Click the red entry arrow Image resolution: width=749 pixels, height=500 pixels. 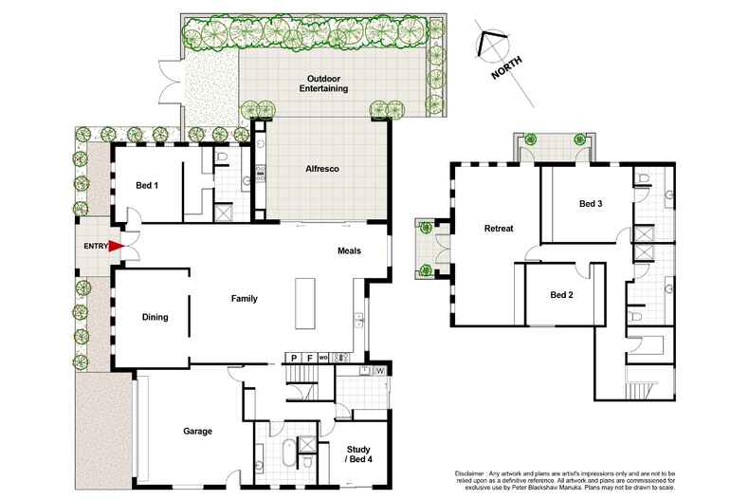click(116, 246)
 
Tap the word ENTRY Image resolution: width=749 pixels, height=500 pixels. click(96, 246)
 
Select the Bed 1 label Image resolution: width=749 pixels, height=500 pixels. click(147, 185)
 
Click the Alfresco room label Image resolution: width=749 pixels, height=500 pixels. click(322, 169)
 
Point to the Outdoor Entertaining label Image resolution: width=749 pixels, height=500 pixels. click(323, 83)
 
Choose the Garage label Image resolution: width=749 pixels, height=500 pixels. click(198, 431)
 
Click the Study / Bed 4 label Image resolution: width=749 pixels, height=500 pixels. click(358, 454)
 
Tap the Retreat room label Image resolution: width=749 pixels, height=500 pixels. click(499, 229)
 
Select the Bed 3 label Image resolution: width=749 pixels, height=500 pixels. click(591, 204)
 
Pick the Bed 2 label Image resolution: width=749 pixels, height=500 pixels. click(561, 295)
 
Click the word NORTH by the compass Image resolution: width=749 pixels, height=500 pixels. click(507, 68)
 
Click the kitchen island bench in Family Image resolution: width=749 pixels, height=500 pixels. click(304, 304)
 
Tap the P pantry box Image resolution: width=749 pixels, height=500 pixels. click(294, 358)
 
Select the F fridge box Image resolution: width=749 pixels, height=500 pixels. click(309, 358)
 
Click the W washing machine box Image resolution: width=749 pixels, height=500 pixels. click(380, 371)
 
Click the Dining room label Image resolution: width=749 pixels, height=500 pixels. click(155, 317)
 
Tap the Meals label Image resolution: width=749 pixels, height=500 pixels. click(349, 251)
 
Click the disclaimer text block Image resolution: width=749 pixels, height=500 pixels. click(565, 480)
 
